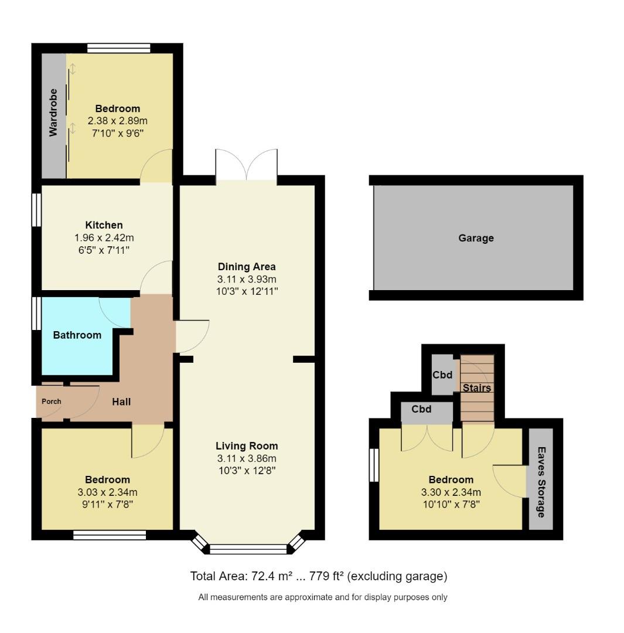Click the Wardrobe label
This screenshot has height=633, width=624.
click(53, 113)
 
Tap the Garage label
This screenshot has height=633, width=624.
click(476, 238)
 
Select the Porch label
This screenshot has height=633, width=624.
click(51, 401)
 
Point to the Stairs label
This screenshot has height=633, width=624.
click(476, 388)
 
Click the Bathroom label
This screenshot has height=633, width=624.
click(77, 335)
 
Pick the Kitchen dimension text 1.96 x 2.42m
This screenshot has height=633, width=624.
click(104, 238)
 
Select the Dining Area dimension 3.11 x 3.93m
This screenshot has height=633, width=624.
click(247, 279)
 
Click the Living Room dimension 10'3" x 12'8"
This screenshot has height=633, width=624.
click(247, 470)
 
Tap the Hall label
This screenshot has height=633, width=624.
click(121, 401)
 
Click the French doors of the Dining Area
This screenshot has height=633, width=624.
click(246, 165)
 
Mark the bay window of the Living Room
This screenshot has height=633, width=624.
click(248, 549)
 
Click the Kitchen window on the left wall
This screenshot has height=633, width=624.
click(36, 209)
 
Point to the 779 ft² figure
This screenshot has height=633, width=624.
click(325, 576)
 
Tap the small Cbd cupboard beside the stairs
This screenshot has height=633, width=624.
click(442, 375)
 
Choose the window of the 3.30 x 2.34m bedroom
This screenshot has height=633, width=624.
click(374, 465)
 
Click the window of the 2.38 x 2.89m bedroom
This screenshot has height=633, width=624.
click(119, 49)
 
